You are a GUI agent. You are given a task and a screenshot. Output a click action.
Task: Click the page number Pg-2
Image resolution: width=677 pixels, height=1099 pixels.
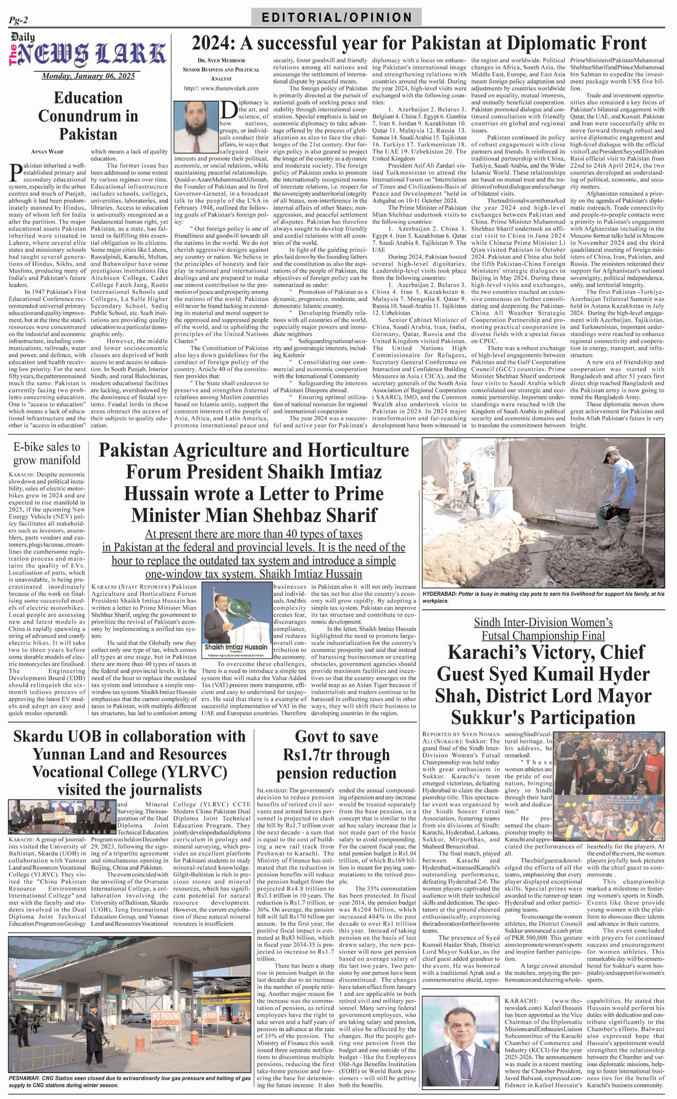click(18, 20)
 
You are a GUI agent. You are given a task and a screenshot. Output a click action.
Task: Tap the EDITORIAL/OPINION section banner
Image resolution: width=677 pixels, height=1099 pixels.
click(337, 17)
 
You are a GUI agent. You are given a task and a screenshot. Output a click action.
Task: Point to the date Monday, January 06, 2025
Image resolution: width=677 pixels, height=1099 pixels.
click(88, 76)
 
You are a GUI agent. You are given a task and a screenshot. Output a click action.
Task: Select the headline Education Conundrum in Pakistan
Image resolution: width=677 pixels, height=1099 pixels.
click(88, 116)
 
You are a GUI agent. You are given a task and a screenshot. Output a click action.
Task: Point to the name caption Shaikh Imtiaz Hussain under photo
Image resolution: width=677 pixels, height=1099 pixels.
click(236, 647)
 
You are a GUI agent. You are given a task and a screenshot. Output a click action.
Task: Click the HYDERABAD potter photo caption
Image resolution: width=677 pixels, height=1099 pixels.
click(543, 597)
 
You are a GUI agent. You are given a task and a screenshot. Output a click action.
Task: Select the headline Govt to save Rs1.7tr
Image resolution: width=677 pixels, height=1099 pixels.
click(336, 754)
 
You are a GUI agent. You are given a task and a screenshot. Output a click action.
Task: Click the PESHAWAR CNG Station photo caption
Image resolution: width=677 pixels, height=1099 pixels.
click(129, 1082)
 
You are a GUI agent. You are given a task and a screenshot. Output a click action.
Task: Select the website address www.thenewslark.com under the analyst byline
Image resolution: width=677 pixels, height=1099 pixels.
click(221, 88)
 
